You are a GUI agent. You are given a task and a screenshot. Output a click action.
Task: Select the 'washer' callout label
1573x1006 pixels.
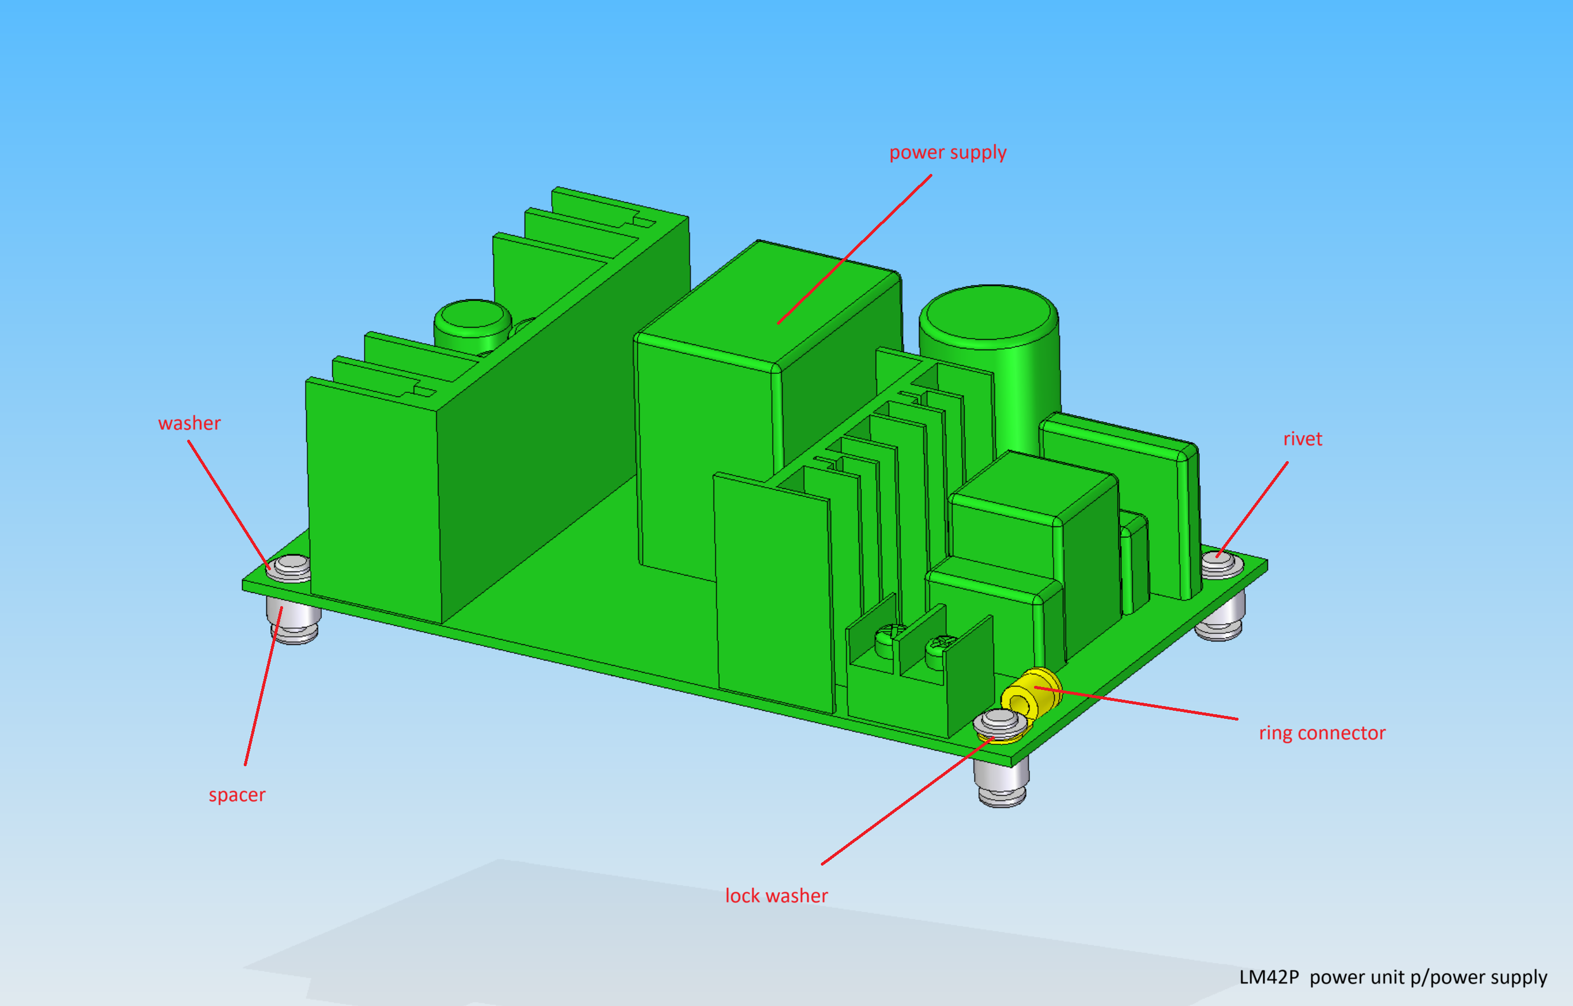pos(189,424)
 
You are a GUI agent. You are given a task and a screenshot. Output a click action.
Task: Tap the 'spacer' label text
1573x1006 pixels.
pos(237,795)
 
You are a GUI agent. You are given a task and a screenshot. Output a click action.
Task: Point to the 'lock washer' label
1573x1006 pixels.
pos(777,896)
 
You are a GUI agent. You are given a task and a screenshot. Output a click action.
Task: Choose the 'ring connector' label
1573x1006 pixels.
pos(1322,733)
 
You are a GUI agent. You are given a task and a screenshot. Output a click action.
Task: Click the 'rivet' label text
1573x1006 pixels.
pos(1303,439)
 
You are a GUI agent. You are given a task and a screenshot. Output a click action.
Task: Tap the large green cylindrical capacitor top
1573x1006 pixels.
pos(989,312)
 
